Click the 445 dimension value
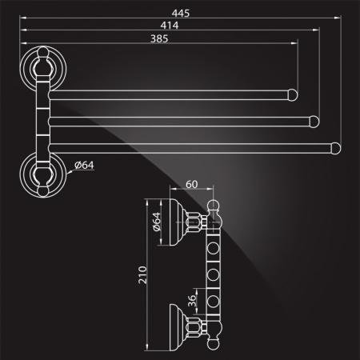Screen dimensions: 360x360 coord(181,13)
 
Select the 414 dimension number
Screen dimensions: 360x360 coord(170,26)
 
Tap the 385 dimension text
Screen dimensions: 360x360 coord(159,38)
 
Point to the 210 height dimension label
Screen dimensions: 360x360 coord(142,274)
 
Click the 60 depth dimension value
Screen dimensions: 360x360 coord(192,184)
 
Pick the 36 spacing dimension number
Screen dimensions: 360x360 coord(192,301)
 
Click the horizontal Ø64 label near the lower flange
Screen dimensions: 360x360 coord(84,165)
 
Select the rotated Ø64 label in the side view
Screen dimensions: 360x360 coord(157,222)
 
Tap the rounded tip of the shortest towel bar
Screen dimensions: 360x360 coord(293,95)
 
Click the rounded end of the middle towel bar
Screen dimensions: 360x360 coord(314,122)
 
